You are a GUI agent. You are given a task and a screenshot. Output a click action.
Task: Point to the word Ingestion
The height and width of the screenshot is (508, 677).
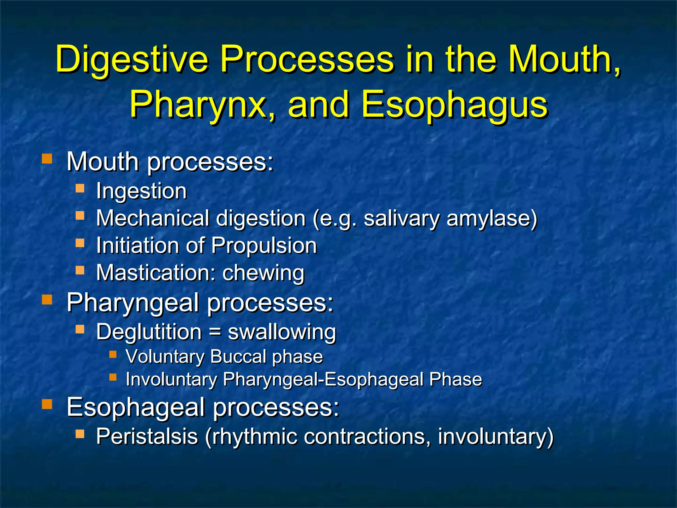coord(141,191)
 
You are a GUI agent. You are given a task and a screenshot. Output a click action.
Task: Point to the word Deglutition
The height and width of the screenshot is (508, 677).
coord(149,332)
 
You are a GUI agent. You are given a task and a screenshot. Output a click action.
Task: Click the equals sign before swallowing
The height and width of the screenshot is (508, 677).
coord(215,332)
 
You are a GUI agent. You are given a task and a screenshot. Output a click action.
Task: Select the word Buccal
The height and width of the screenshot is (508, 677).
coord(238,357)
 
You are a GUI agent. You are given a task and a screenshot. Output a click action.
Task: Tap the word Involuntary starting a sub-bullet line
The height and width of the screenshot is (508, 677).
coord(171,379)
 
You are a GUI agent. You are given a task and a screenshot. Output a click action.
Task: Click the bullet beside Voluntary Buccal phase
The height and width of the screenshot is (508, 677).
coord(113,355)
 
